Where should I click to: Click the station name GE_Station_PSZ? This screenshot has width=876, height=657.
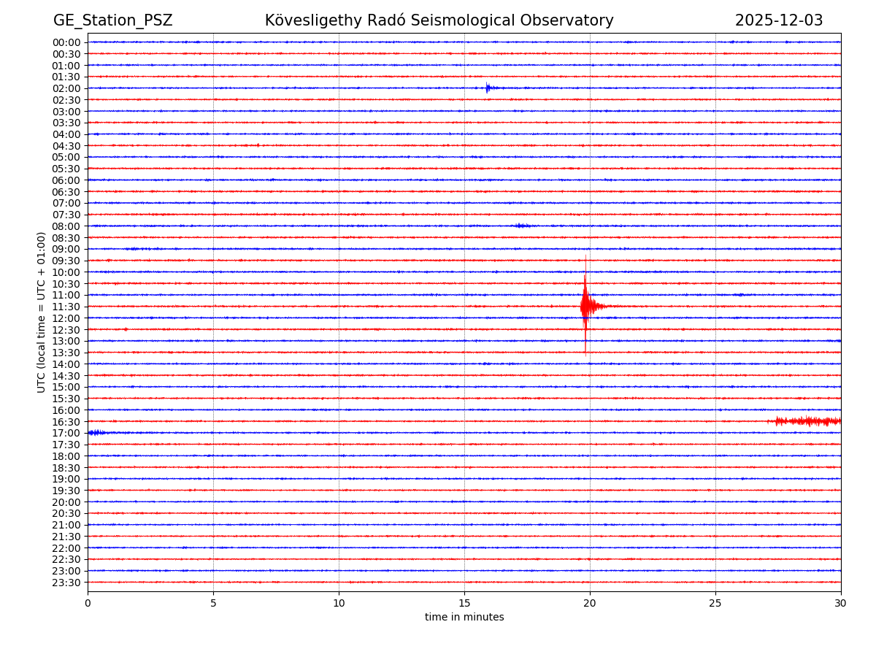112,20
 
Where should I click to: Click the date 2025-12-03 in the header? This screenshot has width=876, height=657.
778,20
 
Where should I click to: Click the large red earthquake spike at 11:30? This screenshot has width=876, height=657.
585,306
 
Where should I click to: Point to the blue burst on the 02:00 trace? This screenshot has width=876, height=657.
488,88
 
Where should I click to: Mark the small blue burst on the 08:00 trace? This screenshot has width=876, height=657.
520,226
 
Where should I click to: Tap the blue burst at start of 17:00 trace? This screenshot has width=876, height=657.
96,433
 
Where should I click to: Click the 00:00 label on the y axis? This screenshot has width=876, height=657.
66,42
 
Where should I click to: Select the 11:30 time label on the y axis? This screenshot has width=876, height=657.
66,307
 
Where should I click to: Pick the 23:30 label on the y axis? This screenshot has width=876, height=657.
66,583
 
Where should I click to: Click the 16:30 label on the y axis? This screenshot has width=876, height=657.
66,422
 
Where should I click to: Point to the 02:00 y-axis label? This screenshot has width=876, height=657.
66,88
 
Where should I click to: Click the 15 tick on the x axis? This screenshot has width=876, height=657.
464,604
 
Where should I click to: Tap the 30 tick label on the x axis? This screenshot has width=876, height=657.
841,604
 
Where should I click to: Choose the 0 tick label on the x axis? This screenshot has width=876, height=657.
88,604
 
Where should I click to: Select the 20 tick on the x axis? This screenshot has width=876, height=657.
590,604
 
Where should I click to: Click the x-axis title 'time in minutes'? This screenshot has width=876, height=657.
464,618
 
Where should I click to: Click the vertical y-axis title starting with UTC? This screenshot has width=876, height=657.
42,312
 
